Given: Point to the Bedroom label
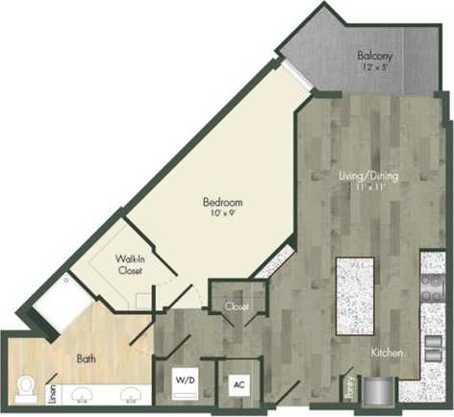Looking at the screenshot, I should pyautogui.click(x=221, y=203).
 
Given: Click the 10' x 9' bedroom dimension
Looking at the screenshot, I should pyautogui.click(x=221, y=214).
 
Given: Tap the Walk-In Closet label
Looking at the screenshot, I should pyautogui.click(x=130, y=265).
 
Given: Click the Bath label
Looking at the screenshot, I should pyautogui.click(x=86, y=358).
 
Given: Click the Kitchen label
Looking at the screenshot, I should pyautogui.click(x=388, y=354).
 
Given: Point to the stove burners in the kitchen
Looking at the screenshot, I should pyautogui.click(x=430, y=284).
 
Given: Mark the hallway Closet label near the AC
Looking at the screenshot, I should pyautogui.click(x=236, y=307).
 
